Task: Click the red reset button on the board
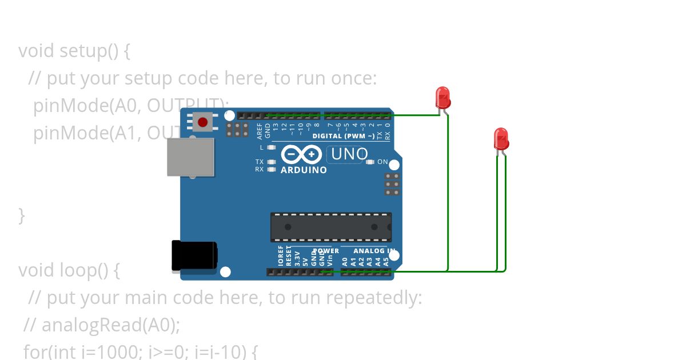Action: tap(202, 122)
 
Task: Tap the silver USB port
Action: tap(190, 156)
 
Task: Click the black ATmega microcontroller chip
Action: tap(331, 227)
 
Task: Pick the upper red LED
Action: tap(443, 98)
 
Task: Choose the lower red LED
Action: tap(501, 139)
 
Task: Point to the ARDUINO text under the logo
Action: tap(304, 170)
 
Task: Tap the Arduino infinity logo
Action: tap(301, 154)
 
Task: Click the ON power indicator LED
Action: tap(370, 162)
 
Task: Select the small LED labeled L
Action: tap(272, 147)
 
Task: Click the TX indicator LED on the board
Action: tap(272, 162)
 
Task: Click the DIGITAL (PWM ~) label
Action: tap(344, 136)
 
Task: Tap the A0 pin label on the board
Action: tap(345, 261)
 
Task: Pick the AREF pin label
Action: tap(260, 131)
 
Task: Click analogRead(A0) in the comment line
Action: tap(110, 325)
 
